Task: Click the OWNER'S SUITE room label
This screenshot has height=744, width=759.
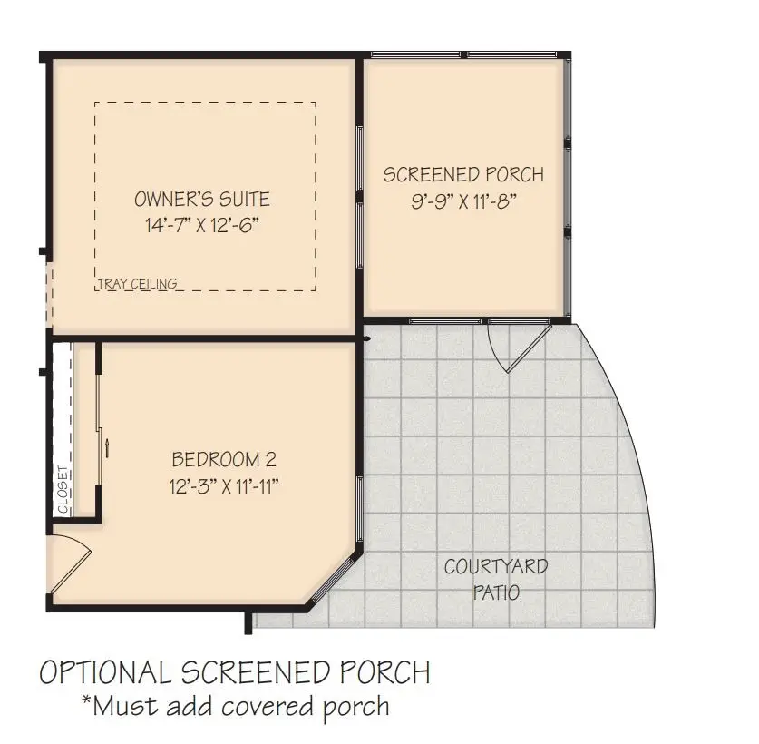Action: click(202, 200)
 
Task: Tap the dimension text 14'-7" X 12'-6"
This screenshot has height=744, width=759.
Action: click(202, 224)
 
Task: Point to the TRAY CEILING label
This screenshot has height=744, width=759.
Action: click(137, 284)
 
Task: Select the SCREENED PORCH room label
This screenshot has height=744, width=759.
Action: click(463, 174)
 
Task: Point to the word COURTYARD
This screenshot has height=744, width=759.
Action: click(495, 568)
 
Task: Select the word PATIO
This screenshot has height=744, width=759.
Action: click(495, 593)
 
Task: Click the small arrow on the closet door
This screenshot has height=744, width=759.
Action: click(107, 445)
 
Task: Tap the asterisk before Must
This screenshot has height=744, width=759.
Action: click(87, 700)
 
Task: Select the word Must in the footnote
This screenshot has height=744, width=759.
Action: click(122, 705)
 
